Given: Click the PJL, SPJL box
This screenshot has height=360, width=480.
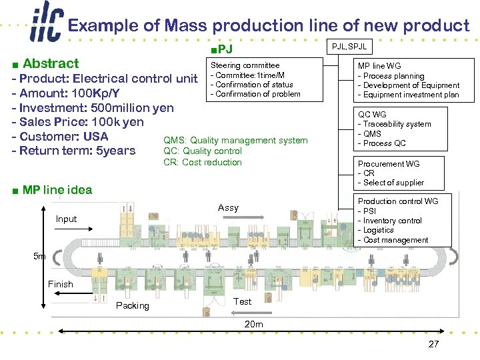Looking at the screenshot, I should click(349, 46).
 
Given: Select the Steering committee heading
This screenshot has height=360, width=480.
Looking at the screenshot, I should click(245, 65).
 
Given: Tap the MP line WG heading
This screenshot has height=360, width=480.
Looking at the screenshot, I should click(379, 67).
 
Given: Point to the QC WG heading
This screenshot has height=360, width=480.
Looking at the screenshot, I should click(372, 115).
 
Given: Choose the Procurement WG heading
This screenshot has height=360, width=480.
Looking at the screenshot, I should click(389, 164).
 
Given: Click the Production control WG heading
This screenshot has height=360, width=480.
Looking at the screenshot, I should click(398, 201).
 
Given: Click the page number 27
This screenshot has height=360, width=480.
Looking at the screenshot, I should click(434, 344).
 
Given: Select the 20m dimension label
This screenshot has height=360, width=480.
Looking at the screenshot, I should click(253, 325).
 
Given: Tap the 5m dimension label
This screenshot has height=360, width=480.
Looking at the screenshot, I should click(40, 256).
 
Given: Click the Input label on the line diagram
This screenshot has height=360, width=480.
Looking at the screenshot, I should click(66, 219).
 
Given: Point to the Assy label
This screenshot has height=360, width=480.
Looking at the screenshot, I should click(228, 208).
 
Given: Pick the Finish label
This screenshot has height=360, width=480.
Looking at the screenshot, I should click(61, 284).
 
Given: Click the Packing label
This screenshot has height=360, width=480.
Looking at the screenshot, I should click(132, 305).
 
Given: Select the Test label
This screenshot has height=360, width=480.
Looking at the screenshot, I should click(243, 301).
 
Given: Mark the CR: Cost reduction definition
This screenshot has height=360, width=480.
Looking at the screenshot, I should click(203, 162).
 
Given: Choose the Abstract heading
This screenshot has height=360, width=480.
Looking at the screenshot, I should click(51, 64).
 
